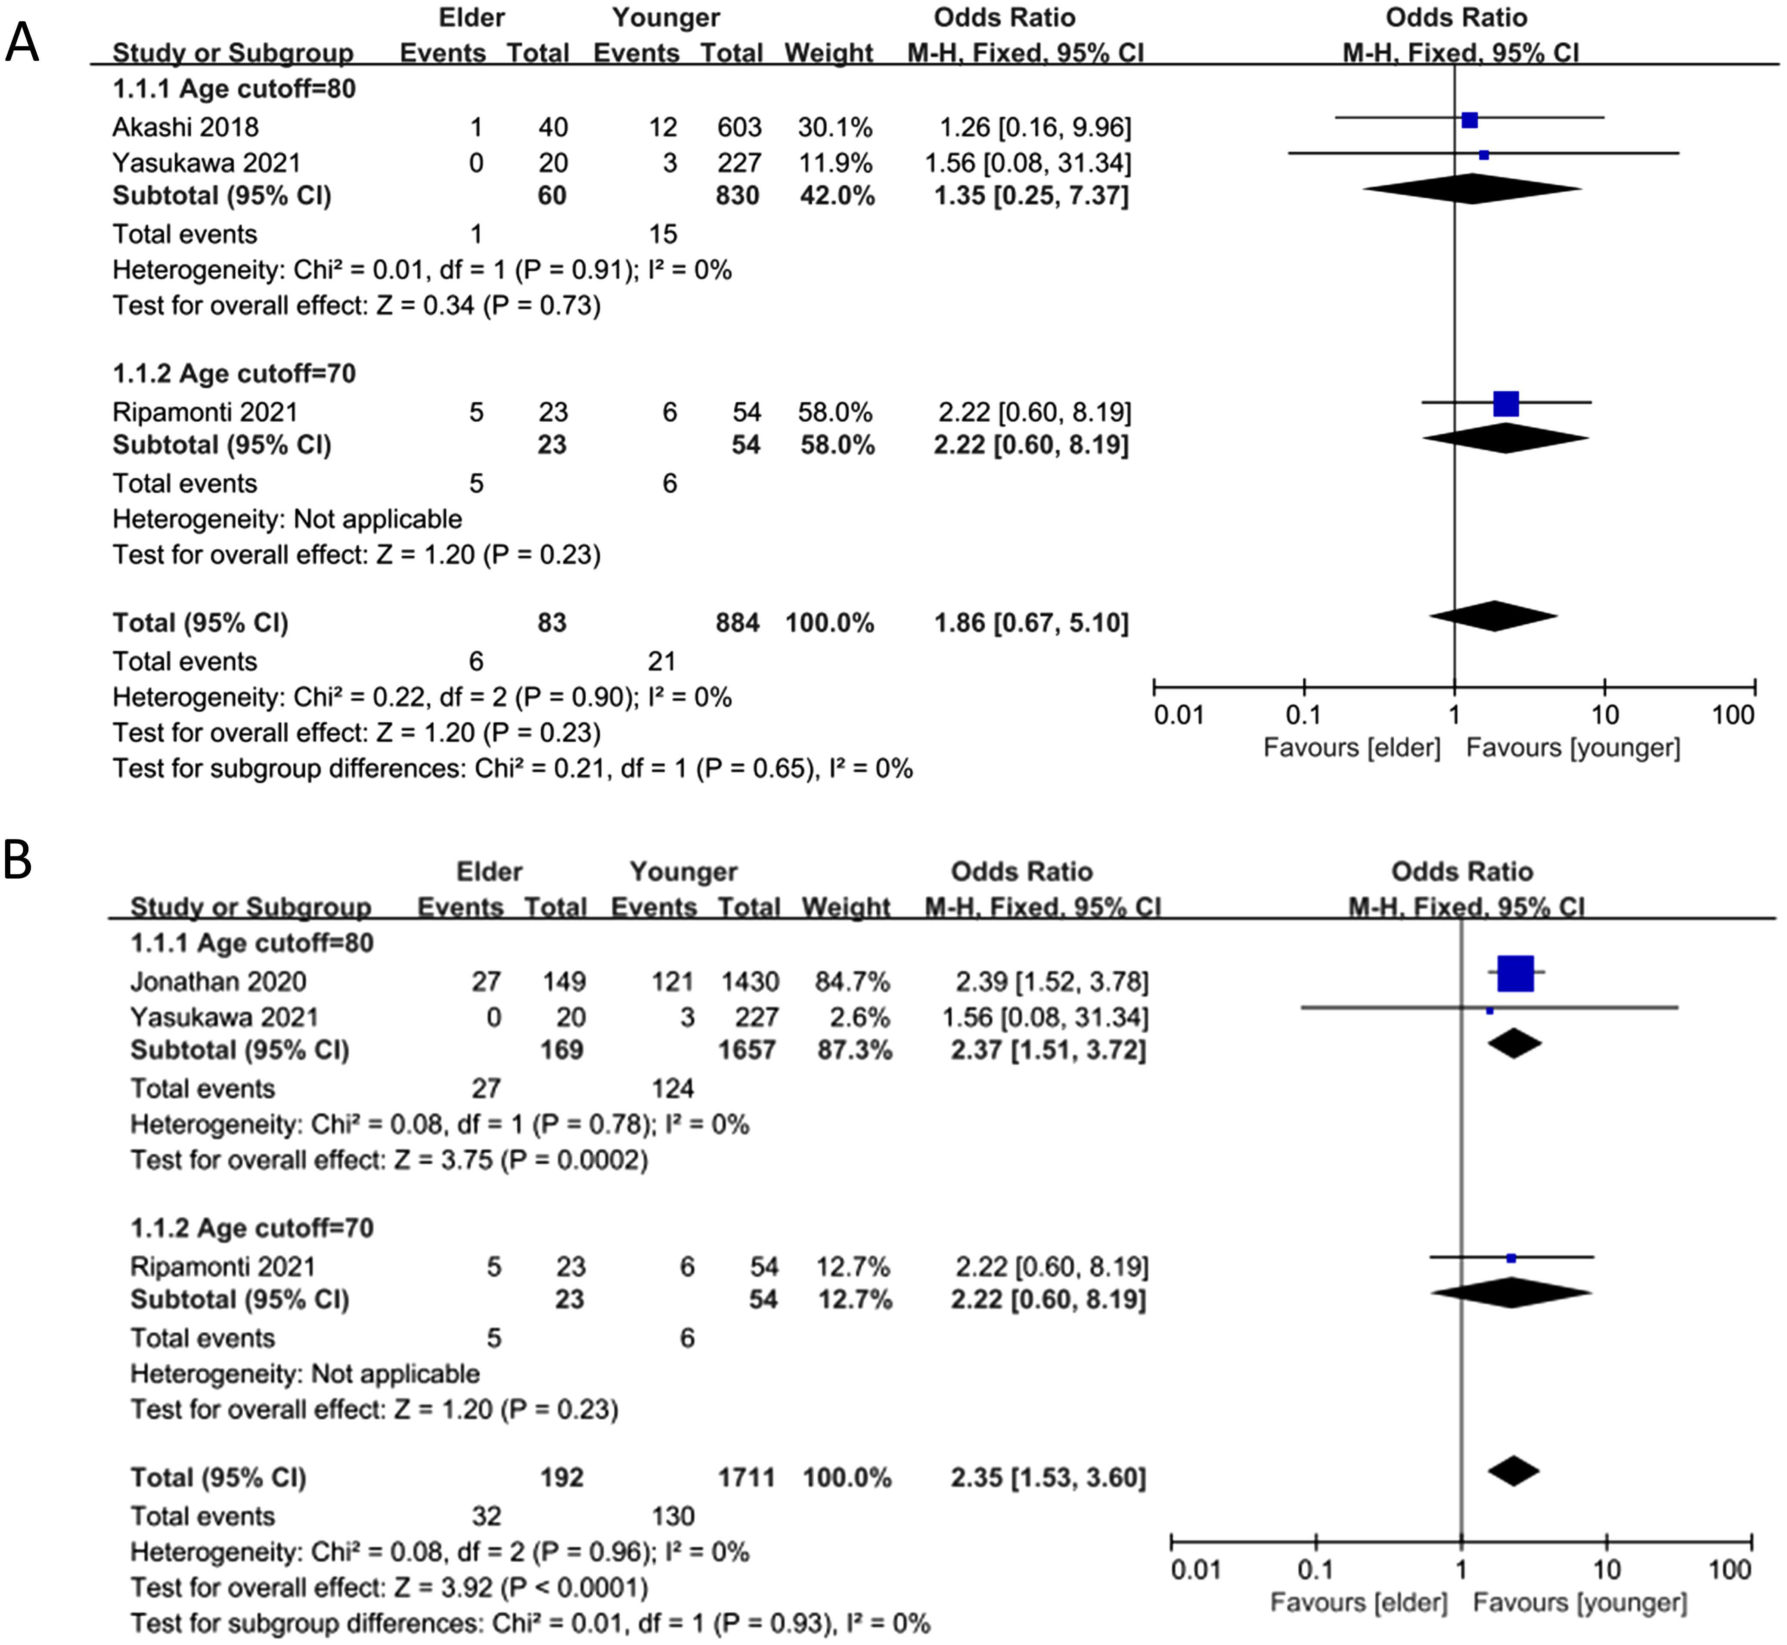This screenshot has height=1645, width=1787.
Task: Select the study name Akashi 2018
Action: pyautogui.click(x=185, y=127)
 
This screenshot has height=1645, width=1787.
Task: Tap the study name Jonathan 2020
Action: pyautogui.click(x=218, y=982)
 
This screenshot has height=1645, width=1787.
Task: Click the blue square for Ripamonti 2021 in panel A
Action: pyautogui.click(x=1506, y=404)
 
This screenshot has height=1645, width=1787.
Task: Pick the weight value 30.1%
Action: pyautogui.click(x=835, y=127)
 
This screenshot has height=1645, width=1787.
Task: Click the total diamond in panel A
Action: pyautogui.click(x=1493, y=616)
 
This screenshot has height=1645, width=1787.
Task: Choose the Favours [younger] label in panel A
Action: pyautogui.click(x=1573, y=748)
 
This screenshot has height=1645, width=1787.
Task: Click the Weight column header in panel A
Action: pyautogui.click(x=828, y=53)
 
